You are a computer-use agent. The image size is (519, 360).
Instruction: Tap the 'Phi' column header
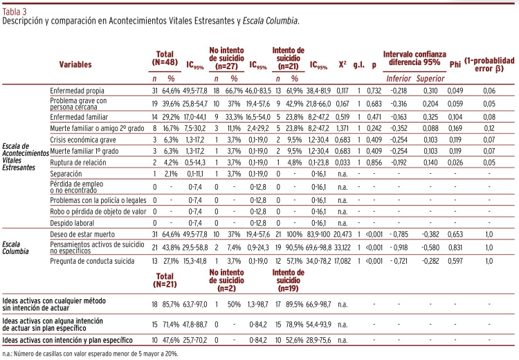pyautogui.click(x=455, y=64)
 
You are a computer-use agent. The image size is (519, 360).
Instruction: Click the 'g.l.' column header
pyautogui.click(x=358, y=64)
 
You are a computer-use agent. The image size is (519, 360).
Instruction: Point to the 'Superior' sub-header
pyautogui.click(x=430, y=78)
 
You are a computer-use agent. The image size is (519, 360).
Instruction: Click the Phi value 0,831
pyautogui.click(x=455, y=248)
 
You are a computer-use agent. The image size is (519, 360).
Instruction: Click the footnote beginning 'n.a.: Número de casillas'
pyautogui.click(x=90, y=353)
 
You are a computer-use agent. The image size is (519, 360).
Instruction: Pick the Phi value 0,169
pyautogui.click(x=455, y=127)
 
